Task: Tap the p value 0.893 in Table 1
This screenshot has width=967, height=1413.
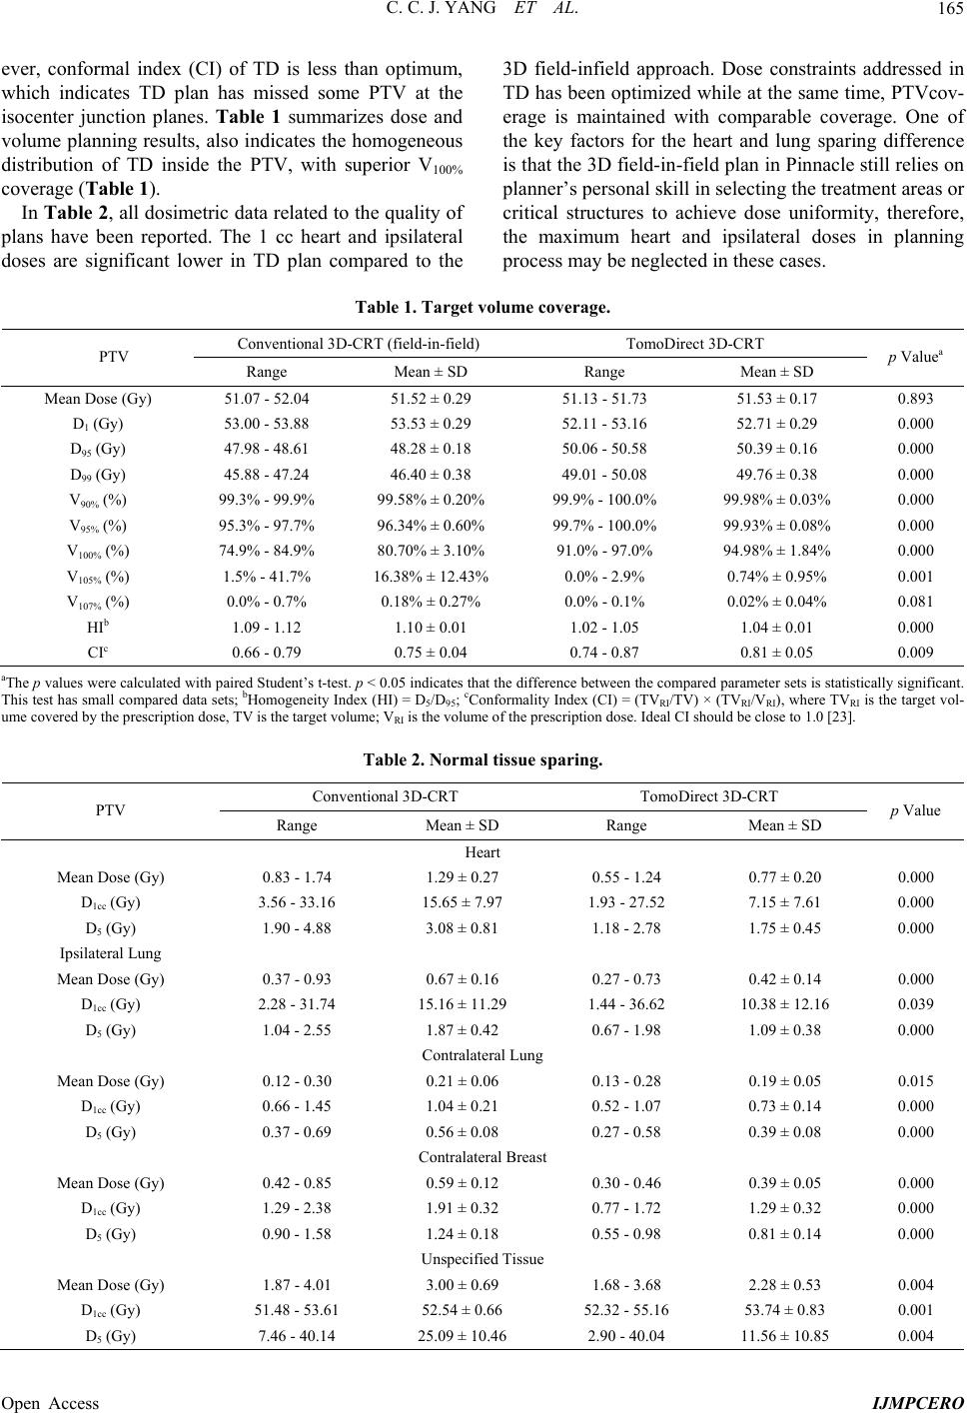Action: click(915, 399)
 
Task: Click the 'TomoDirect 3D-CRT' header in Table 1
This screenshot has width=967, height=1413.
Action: click(694, 344)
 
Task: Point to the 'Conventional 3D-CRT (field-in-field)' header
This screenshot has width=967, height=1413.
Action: click(359, 344)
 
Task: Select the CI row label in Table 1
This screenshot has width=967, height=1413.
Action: click(98, 653)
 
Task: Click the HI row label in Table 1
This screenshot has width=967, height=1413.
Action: click(98, 627)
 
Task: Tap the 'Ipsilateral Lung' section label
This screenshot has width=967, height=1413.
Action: click(111, 953)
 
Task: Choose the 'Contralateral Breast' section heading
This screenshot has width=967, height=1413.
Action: click(483, 1157)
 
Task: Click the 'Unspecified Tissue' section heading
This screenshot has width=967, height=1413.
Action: click(483, 1258)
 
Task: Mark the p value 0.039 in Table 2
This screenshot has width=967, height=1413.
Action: click(915, 1004)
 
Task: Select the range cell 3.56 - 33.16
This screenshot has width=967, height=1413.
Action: click(297, 902)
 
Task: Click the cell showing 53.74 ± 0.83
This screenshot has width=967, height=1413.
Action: click(785, 1309)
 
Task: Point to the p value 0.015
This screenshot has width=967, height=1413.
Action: click(915, 1080)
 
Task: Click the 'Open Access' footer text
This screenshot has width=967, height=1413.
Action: click(51, 1403)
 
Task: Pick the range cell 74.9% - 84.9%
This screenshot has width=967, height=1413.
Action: click(266, 551)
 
